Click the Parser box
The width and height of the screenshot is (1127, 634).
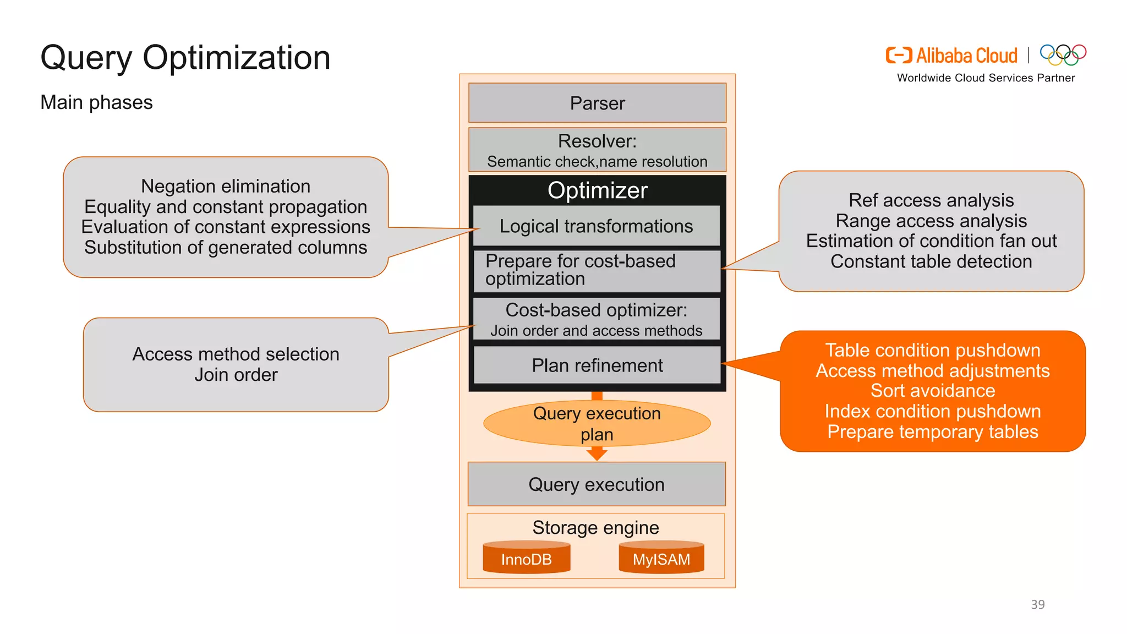coord(597,103)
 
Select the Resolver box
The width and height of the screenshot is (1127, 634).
coord(597,150)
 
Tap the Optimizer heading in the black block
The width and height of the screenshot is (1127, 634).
coord(597,190)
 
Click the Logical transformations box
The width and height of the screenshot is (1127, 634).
coord(597,226)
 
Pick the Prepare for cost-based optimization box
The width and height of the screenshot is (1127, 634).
coord(597,270)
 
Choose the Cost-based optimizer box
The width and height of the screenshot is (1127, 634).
coord(597,319)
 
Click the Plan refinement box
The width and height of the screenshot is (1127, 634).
coord(597,365)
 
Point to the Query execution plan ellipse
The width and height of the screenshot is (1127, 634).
coord(597,423)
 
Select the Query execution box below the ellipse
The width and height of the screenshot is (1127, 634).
coord(597,484)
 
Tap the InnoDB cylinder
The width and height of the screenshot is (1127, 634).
coord(526,558)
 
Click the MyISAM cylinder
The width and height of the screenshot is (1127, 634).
coord(661,558)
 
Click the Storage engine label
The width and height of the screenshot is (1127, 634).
coord(595,528)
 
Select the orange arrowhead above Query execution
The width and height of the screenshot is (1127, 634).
coord(597,453)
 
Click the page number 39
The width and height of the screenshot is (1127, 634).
coord(1037,604)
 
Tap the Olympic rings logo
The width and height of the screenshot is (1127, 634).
coord(1063,54)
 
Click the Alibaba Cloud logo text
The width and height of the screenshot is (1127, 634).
coord(966,56)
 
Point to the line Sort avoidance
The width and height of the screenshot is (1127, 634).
coord(933,391)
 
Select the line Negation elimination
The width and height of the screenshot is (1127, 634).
coord(226,186)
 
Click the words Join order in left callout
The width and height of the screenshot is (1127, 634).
coord(236,375)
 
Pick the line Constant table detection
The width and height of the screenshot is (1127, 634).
coord(931,261)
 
